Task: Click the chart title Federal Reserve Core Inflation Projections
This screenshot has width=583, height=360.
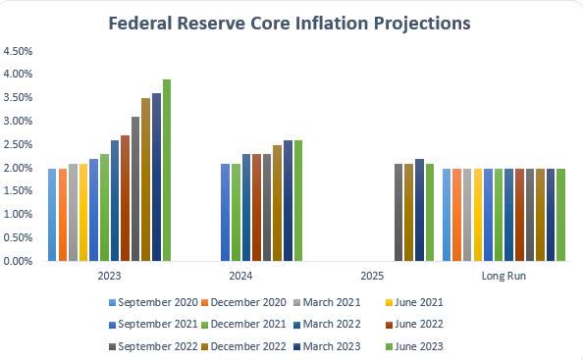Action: (291, 21)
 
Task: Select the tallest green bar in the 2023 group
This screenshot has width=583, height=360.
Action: (167, 171)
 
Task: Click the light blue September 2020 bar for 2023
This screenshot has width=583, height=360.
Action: (52, 215)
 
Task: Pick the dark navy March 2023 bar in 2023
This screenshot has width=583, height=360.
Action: (156, 178)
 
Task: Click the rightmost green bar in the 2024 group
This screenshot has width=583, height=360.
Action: (298, 201)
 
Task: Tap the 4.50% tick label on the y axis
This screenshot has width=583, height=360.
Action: (20, 51)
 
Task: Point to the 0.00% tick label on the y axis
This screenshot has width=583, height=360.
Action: (20, 262)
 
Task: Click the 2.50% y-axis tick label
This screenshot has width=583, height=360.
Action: (20, 145)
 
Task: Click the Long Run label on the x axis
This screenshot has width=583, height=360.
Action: (503, 277)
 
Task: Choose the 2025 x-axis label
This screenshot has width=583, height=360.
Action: (372, 277)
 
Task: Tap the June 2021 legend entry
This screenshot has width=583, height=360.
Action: (424, 302)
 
